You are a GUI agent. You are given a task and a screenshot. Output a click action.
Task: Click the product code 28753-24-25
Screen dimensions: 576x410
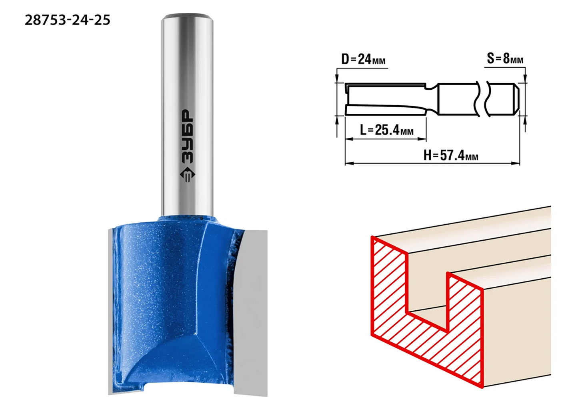[x=67, y=20]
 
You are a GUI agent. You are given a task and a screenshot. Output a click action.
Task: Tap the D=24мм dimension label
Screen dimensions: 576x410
[x=363, y=59]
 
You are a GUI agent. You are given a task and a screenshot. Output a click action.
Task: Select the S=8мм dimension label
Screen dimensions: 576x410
[x=505, y=59]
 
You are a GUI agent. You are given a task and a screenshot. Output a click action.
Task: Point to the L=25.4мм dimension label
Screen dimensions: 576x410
[x=386, y=130]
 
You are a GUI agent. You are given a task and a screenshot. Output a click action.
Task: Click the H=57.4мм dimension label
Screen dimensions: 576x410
[x=451, y=155]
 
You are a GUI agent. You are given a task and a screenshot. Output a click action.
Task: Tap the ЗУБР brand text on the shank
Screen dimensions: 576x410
[x=187, y=137]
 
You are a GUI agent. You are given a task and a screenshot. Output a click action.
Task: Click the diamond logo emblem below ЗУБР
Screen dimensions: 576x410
[x=187, y=175]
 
